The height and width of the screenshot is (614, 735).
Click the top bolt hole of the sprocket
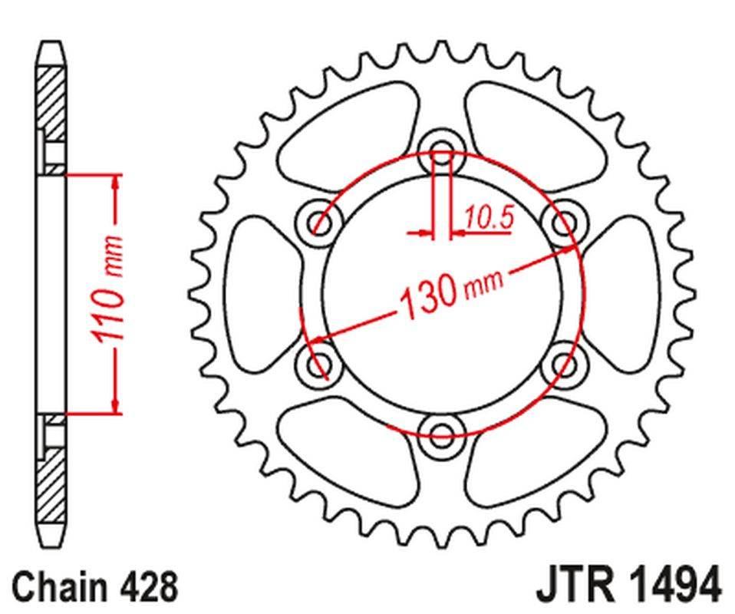point(441,150)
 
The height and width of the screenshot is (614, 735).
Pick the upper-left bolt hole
point(318,223)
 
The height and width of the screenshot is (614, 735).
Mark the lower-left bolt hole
point(318,364)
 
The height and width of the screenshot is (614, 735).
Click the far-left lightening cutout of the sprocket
point(257,292)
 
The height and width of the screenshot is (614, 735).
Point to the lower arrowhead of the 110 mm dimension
point(117,405)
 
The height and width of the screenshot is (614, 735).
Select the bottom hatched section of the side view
point(51,484)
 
